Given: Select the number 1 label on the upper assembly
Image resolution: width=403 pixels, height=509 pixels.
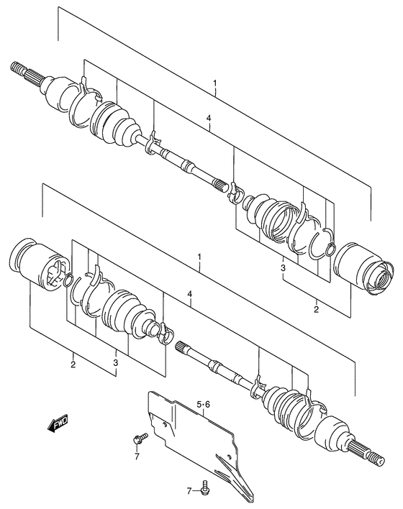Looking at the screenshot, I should [x=214, y=84].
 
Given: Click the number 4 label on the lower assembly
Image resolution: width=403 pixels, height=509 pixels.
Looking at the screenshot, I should [x=189, y=293].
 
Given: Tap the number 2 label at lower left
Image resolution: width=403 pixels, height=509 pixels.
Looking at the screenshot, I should [x=73, y=364].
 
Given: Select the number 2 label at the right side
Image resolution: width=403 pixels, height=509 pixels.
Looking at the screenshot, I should [x=315, y=309].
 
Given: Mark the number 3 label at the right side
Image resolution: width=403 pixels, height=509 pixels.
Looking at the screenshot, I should [x=284, y=268].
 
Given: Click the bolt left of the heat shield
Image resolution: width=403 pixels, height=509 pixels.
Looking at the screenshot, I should [x=138, y=437].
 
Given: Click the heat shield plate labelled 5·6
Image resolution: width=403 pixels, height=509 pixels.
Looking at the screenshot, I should [x=194, y=439].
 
